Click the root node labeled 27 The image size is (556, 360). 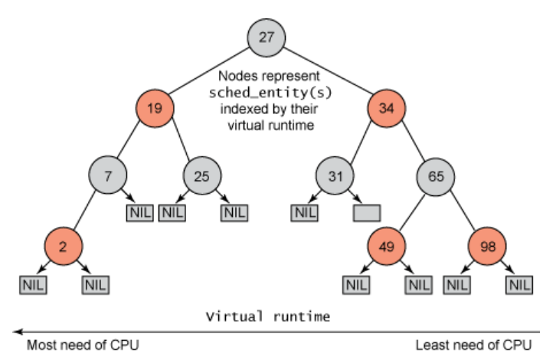pos(266,37)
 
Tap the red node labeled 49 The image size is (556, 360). pos(387,247)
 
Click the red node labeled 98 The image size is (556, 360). pos(488,247)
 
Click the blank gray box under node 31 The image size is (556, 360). pos(367,212)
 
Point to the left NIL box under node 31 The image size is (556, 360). pos(305,212)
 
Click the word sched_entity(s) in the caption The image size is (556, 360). pos(265,92)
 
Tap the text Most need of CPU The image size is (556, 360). pos(83,345)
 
